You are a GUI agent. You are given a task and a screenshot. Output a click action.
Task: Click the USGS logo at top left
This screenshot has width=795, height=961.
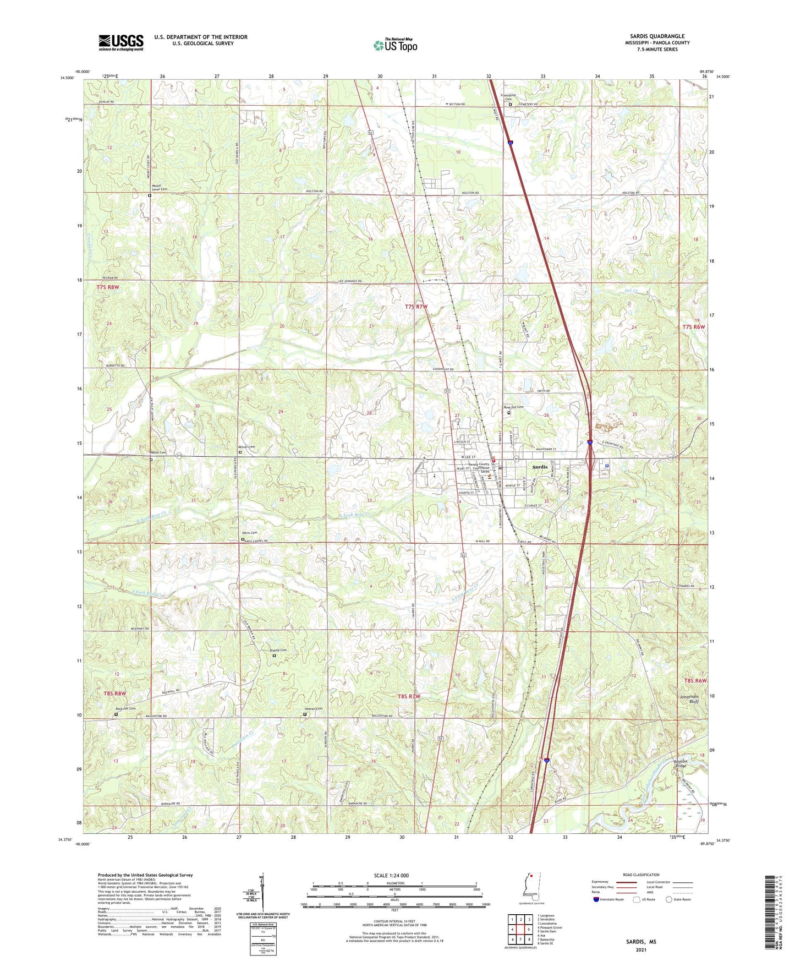tap(121, 42)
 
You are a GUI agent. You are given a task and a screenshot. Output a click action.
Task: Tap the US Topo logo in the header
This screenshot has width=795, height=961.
tap(394, 45)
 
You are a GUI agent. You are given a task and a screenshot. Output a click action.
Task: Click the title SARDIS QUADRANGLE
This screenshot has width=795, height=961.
tap(657, 36)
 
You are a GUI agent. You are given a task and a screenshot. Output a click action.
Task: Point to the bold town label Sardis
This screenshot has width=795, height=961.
tap(540, 467)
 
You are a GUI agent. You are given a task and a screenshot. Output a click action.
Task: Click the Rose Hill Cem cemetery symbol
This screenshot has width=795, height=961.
tap(509, 413)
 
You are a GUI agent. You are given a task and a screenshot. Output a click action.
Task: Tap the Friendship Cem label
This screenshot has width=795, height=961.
tap(510, 97)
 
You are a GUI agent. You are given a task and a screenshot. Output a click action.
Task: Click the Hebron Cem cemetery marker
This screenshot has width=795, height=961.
tap(305, 714)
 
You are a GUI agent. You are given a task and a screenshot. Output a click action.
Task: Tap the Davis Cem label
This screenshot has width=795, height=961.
tap(250, 533)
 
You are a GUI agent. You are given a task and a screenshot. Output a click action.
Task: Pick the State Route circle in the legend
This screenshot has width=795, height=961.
tap(669, 899)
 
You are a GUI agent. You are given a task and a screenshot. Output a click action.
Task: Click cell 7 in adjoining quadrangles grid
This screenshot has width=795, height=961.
tap(520, 940)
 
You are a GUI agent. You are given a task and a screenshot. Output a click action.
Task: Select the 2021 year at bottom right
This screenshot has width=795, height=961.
tap(641, 949)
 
